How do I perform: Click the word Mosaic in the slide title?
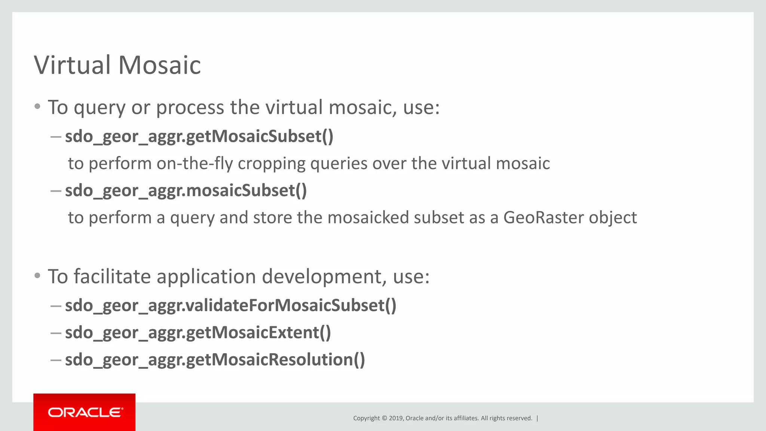[x=160, y=65]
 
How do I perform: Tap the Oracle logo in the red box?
[x=85, y=412]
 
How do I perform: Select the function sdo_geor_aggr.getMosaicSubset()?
[x=199, y=136]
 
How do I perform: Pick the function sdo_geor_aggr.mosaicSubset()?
[x=186, y=190]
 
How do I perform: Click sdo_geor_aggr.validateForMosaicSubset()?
[x=230, y=305]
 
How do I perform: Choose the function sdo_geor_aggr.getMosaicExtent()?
[x=198, y=333]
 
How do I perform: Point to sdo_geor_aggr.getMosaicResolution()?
[x=215, y=360]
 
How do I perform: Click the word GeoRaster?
[x=543, y=217]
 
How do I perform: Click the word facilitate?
[x=112, y=276]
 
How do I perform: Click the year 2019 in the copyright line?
[x=395, y=418]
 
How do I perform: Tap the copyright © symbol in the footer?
[x=384, y=418]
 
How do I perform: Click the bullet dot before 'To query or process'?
[x=37, y=107]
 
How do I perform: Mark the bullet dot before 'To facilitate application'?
[x=37, y=276]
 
